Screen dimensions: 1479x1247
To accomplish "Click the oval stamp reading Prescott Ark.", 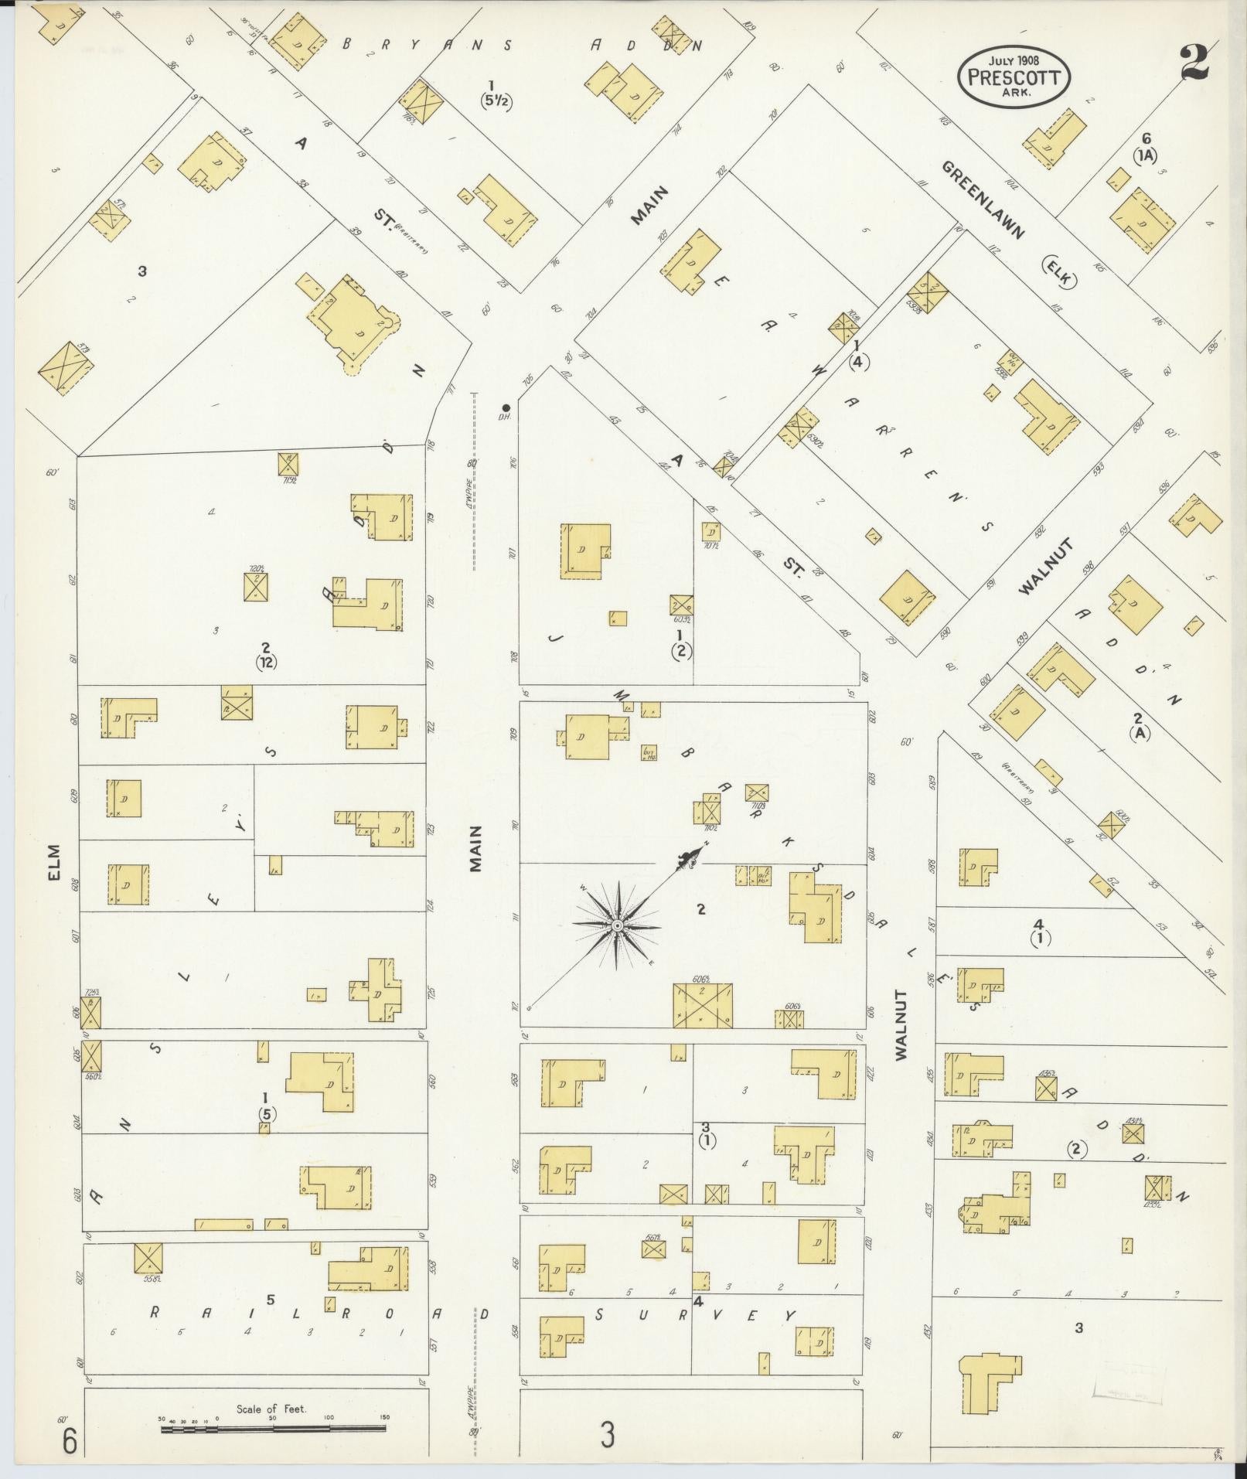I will coord(1014,78).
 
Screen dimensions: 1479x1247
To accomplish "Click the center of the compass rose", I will coord(617,925).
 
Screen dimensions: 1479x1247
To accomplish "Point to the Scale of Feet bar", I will coord(274,1430).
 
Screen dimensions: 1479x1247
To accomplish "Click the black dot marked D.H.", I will coord(506,407).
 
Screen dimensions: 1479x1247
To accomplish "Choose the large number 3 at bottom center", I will coord(608,1436).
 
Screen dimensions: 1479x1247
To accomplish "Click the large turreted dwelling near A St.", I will coord(354,325).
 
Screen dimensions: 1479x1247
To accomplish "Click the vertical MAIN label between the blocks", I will coord(475,848).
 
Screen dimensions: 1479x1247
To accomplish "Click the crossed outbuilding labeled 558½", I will coord(148,1258).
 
